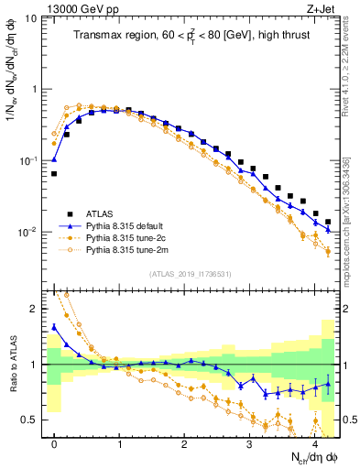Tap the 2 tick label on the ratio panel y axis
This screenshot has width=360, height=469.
[x=33, y=309]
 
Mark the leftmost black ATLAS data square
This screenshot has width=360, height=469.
[x=54, y=173]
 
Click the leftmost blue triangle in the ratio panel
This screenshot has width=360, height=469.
[x=54, y=326]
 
